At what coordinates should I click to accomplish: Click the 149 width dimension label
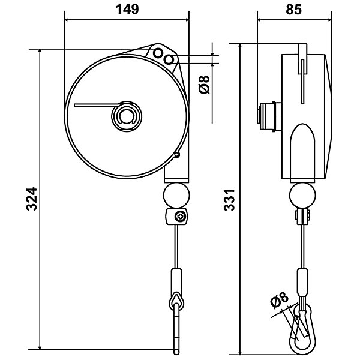[127, 10]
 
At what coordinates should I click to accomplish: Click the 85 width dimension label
[293, 10]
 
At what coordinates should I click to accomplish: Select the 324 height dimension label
[31, 199]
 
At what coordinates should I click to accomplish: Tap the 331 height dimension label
[229, 200]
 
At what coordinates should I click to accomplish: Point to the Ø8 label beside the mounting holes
[205, 85]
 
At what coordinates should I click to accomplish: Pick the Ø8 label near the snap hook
[279, 300]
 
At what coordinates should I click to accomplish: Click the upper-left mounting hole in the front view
[158, 53]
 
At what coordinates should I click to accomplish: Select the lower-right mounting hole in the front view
[169, 60]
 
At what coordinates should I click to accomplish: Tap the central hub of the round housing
[127, 116]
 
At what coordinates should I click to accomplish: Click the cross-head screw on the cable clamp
[180, 216]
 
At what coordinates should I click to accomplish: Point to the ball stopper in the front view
[176, 196]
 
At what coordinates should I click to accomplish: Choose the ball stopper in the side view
[302, 196]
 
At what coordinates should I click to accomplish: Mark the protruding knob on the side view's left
[269, 116]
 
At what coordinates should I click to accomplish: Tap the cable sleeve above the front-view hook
[176, 281]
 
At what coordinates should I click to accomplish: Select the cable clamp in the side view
[302, 216]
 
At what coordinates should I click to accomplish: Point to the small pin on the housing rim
[176, 155]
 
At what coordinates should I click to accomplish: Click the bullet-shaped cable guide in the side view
[302, 153]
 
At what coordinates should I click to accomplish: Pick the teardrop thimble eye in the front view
[176, 301]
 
